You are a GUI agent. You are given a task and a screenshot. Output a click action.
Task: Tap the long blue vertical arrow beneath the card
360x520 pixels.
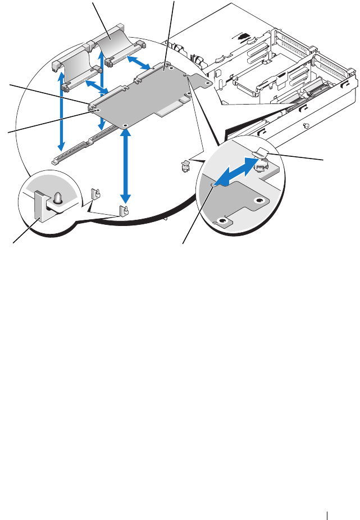coord(126,165)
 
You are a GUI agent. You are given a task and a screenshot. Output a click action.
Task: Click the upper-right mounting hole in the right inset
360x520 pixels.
coord(259,200)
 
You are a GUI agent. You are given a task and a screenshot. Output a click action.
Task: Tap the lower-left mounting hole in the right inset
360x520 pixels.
coord(223,221)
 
